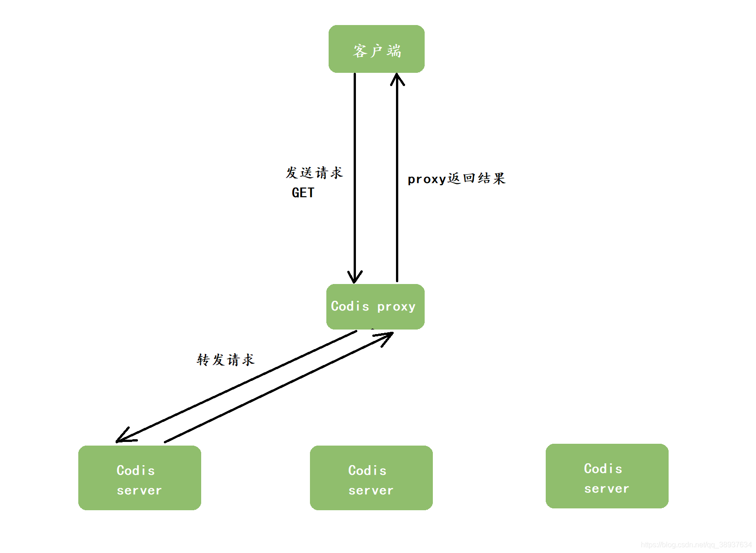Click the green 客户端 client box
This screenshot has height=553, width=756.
point(376,49)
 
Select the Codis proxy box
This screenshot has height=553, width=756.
point(375,307)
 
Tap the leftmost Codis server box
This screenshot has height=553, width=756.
point(139,477)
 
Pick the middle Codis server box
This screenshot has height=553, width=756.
point(371,477)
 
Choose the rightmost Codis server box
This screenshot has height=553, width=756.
point(607,476)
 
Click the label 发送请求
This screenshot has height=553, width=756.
point(314,173)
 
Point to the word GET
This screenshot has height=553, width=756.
point(303,193)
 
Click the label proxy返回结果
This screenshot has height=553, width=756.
point(456,178)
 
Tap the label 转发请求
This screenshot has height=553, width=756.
point(225,360)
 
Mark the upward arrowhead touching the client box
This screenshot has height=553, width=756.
point(397,79)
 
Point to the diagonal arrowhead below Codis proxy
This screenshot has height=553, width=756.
point(386,337)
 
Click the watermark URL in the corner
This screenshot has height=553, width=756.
point(696,545)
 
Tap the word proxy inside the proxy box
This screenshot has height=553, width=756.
point(396,307)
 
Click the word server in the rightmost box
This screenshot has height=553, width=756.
point(607,489)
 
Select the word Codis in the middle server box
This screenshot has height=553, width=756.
point(367,470)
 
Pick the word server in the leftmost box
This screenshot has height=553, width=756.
point(139,491)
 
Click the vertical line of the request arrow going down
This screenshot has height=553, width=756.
point(355,173)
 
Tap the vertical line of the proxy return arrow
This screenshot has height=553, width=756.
point(397,182)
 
